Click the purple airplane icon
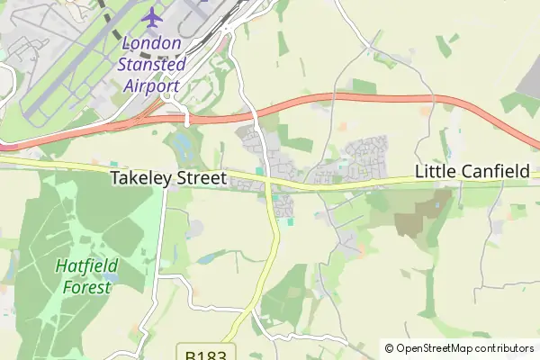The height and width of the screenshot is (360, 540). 153,17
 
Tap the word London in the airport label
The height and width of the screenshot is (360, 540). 150,43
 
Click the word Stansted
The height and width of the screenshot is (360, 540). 151,65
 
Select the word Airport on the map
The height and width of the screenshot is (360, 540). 150,86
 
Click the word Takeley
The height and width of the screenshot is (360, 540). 140,178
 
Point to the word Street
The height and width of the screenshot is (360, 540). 200,178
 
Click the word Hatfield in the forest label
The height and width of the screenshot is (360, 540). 85,266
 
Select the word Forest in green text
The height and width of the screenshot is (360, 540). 86,287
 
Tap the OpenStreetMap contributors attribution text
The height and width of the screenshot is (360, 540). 465,348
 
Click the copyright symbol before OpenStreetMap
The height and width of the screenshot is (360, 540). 389,348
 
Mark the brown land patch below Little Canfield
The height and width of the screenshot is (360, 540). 411,214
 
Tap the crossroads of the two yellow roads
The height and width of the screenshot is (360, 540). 268,184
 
